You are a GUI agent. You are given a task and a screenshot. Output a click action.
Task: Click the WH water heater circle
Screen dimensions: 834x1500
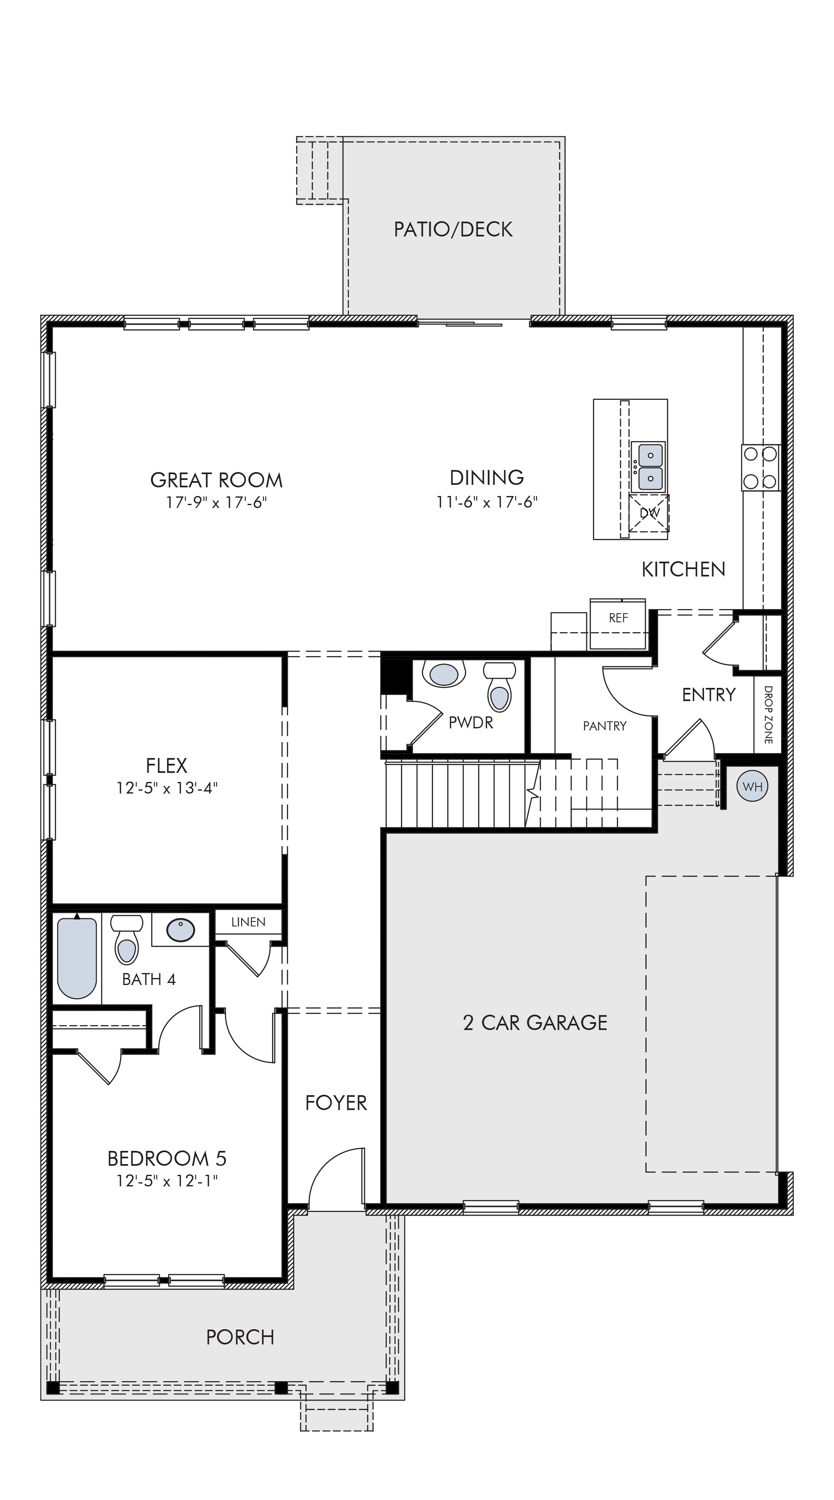click(x=753, y=787)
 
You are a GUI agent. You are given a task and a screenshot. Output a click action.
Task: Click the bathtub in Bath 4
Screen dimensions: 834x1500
click(x=77, y=958)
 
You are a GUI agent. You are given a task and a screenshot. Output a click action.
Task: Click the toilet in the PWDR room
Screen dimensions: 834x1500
click(x=499, y=687)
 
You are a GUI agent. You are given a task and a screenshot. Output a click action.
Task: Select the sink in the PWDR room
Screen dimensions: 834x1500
click(x=444, y=674)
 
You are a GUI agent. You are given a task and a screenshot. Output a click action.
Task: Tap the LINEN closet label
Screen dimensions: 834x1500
click(x=248, y=922)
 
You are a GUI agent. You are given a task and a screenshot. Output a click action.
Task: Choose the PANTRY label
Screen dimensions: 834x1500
click(x=604, y=725)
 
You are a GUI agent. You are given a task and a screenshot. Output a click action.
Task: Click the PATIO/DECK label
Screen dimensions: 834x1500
click(x=453, y=229)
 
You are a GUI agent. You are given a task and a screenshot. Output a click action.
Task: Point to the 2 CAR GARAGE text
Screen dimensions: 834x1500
click(x=535, y=1023)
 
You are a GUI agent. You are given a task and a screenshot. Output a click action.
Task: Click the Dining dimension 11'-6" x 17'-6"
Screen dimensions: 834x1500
click(x=487, y=502)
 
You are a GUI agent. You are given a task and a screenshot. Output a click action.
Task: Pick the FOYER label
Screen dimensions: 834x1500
click(x=336, y=1103)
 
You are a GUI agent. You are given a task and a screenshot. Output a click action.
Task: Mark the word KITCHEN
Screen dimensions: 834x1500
click(x=683, y=569)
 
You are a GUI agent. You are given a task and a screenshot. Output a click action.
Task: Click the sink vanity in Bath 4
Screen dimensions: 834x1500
click(x=180, y=930)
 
